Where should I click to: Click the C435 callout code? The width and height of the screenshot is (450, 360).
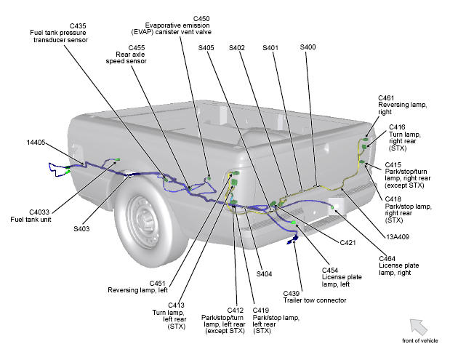pos(78,26)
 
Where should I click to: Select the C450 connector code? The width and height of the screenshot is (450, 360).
pos(201,19)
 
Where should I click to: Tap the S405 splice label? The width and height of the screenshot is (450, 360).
pos(206,48)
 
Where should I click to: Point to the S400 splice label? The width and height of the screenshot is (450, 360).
pos(308,47)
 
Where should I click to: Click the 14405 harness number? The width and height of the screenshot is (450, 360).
pos(36,143)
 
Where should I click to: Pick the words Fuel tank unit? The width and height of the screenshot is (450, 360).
pos(31,220)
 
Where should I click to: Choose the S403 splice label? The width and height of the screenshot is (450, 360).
pos(81,229)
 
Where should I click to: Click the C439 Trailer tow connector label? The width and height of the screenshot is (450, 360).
pos(315,297)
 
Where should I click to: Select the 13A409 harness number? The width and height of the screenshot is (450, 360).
pos(398,237)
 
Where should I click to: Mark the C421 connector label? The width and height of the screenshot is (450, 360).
pos(347,243)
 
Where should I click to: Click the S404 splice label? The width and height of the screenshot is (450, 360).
pos(264,274)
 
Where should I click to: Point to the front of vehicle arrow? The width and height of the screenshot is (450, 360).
pos(418,327)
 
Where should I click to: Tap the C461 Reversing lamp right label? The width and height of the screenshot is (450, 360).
pos(402,105)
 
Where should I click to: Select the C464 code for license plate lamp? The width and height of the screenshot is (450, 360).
pos(387,259)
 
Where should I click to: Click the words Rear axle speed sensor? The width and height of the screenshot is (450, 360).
pos(126,57)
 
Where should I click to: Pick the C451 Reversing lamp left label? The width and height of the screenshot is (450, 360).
pos(137,287)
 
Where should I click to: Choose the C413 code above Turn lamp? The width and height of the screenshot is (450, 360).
pos(176,305)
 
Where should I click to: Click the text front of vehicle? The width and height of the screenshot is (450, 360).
pos(420,341)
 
